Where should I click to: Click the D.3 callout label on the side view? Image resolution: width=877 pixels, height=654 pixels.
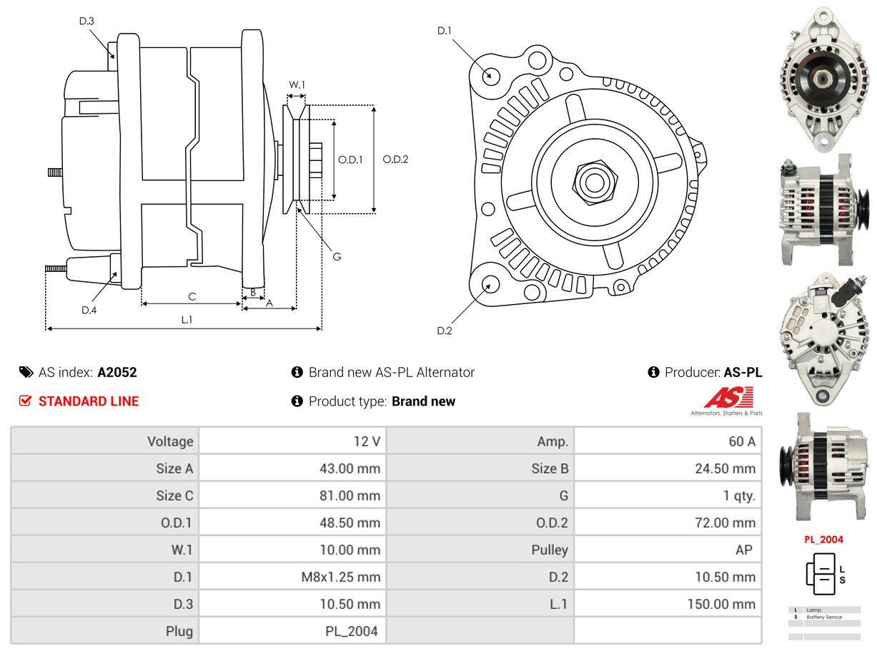pos(86,21)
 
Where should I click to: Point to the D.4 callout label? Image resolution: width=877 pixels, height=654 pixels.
pos(89,310)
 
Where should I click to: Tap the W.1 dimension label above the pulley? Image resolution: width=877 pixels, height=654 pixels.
pos(297,84)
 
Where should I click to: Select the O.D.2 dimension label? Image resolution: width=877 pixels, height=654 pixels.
pos(395,160)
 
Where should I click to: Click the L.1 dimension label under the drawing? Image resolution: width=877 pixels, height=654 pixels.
pos(186,320)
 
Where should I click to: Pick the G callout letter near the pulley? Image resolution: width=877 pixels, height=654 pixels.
pos(337,256)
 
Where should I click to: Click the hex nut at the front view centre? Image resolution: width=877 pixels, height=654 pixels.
pos(593,180)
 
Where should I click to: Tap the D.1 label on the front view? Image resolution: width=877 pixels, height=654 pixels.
pos(445,30)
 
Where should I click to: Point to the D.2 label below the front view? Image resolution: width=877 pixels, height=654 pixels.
pos(445,331)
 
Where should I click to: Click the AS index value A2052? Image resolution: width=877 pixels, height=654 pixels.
pos(117,372)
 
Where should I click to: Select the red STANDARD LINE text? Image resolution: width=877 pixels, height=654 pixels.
pos(89,401)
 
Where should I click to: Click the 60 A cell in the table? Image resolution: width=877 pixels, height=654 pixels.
pos(741,441)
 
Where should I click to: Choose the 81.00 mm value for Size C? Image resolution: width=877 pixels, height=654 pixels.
pos(350,496)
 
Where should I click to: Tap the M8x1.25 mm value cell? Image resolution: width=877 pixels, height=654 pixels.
pos(340,577)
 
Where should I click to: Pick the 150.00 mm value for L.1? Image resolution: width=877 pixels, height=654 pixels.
pos(721,604)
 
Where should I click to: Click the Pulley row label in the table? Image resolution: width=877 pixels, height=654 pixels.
pos(550,550)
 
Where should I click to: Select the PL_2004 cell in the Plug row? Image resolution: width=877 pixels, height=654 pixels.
pos(351,631)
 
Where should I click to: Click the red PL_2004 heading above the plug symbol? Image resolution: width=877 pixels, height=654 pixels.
pos(823,540)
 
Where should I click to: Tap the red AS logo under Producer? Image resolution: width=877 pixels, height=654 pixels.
pos(728,399)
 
